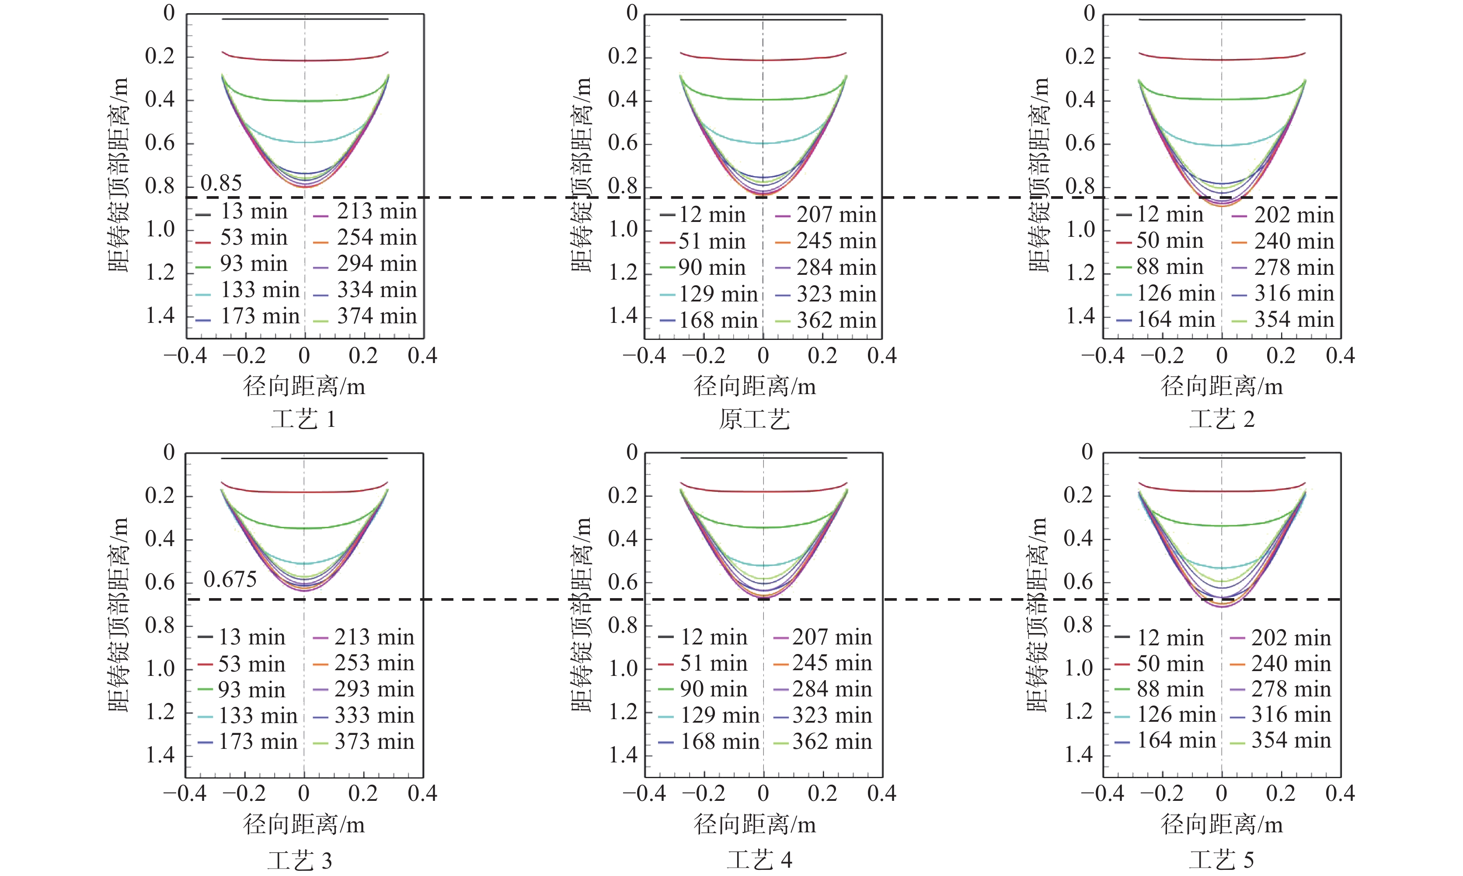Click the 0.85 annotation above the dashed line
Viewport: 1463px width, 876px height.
[x=221, y=183]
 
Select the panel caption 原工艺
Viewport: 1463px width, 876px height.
[x=754, y=419]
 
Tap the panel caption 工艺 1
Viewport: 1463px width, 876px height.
[x=303, y=419]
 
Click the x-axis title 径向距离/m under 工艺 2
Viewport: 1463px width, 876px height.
[x=1222, y=386]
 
